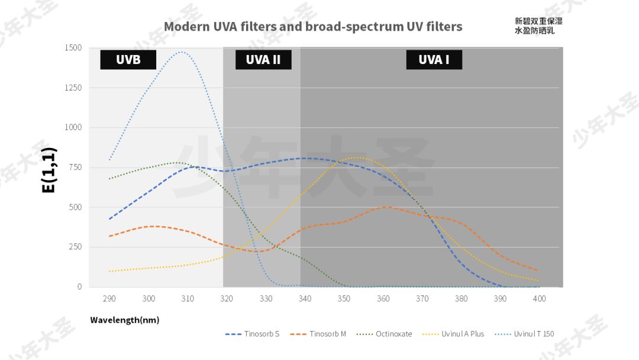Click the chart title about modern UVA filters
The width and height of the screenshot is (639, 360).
[x=313, y=27]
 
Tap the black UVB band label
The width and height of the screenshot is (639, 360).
[x=128, y=59]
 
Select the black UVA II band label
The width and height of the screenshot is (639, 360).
[x=263, y=59]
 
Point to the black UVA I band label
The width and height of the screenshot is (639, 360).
[x=434, y=59]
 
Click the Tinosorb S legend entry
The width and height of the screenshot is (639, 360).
[x=252, y=334]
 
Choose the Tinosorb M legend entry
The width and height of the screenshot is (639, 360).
[x=318, y=334]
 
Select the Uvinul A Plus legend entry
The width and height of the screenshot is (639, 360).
[x=453, y=334]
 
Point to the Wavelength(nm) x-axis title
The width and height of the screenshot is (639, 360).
[x=124, y=320]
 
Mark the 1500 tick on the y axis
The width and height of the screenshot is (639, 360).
[x=73, y=48]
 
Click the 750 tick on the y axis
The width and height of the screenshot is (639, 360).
[x=75, y=168]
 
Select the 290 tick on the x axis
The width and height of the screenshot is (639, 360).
[x=109, y=298]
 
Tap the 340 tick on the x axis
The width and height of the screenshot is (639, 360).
[x=305, y=298]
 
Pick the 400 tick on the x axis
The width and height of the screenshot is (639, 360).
[x=539, y=298]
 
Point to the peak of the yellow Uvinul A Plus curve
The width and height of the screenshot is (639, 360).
[x=359, y=157]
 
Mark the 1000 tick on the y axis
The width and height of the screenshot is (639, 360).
[x=73, y=127]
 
